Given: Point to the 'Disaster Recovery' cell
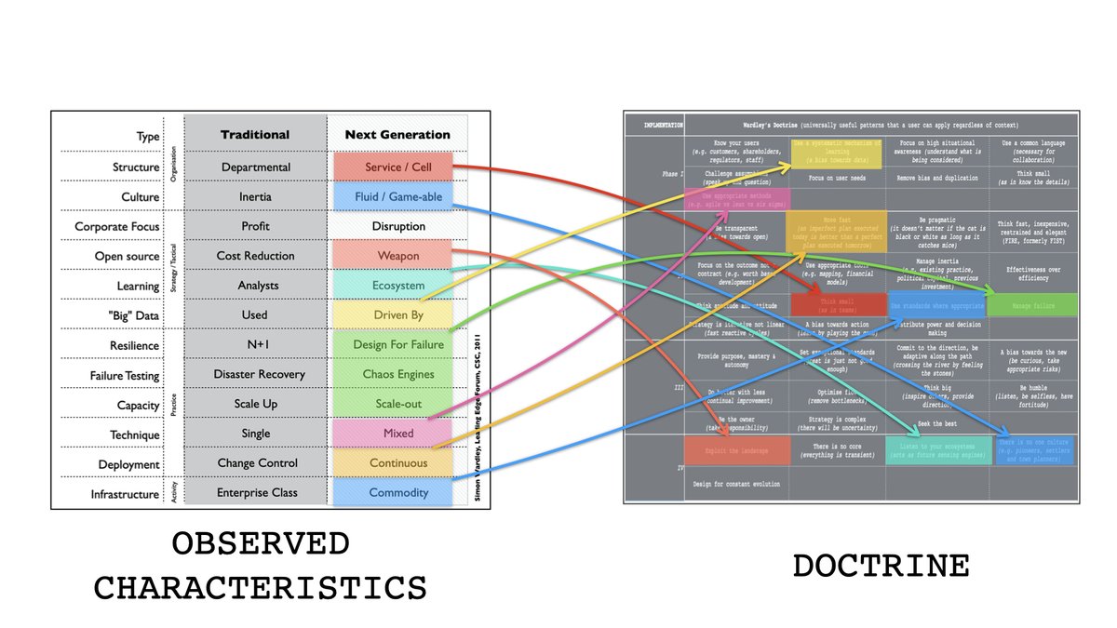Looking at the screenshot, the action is point(255,374).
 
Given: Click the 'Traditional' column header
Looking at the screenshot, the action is point(255,135).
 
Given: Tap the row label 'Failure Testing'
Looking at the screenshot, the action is point(125,376).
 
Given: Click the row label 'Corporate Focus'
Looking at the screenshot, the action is point(117,227).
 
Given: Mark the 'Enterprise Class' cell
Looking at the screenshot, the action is point(255,493).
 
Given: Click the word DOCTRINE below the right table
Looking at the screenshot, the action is point(881,566).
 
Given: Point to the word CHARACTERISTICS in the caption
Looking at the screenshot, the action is point(261,587).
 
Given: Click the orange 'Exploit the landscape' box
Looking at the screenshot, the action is point(737,450).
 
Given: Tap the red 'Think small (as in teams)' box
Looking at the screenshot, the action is point(838,304).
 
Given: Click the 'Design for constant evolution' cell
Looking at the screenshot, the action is point(737,484).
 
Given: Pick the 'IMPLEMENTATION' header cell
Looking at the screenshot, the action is point(654,124).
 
